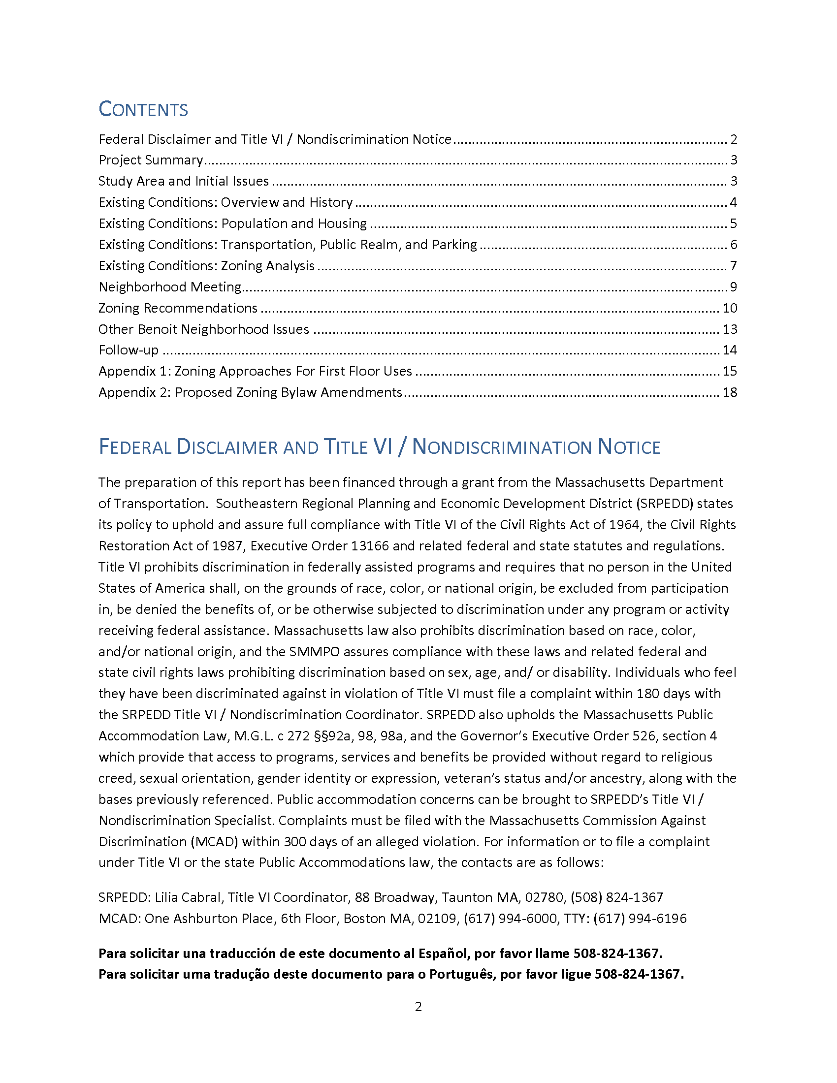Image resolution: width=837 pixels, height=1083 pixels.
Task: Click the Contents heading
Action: pos(143,110)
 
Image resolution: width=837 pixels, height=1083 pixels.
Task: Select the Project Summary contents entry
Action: pos(151,160)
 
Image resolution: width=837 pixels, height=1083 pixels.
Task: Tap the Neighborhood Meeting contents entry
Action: pos(169,287)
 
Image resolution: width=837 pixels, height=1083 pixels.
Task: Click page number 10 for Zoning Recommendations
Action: pos(729,309)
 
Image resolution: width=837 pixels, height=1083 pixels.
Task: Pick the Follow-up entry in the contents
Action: pos(129,350)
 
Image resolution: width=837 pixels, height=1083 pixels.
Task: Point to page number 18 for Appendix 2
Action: pos(729,393)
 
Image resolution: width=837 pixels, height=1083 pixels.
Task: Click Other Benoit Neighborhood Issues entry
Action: pos(203,330)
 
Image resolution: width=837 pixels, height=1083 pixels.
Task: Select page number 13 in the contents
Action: pos(729,330)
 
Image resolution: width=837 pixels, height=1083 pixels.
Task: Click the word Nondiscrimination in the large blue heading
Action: pos(501,447)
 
